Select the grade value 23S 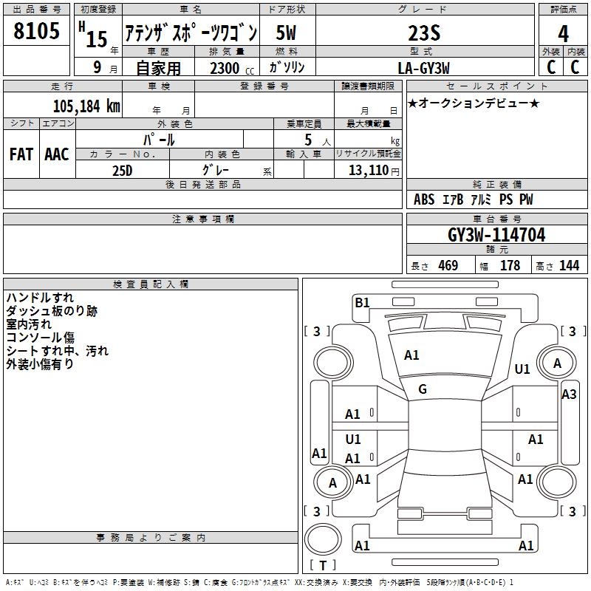(424, 33)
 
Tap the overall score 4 (563, 33)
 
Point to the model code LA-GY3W (424, 67)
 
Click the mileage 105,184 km (86, 106)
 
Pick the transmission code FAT (21, 154)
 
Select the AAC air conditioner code (56, 154)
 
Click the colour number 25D (122, 170)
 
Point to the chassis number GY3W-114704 (496, 235)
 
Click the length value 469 (448, 266)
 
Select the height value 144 (569, 266)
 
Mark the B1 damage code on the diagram (362, 302)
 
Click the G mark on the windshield (423, 389)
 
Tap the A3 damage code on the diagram (569, 394)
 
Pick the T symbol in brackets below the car (322, 566)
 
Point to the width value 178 (510, 266)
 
